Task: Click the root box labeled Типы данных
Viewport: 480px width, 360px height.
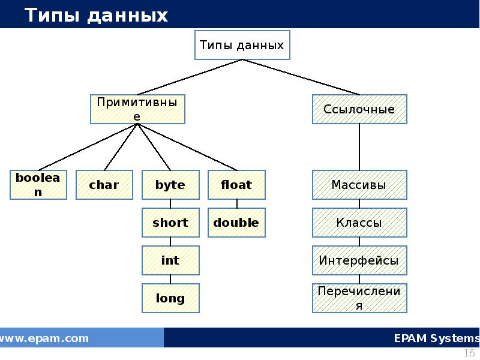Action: pos(242,45)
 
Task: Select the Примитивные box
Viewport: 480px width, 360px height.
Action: pos(137,109)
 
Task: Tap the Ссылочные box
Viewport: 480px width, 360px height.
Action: pos(359,109)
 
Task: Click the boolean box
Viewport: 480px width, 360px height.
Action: pos(38,185)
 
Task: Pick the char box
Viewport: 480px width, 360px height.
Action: pos(104,185)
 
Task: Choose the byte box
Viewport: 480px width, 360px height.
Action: pos(170,185)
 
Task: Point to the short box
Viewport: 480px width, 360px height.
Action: pos(170,223)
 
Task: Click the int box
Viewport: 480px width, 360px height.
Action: pos(170,260)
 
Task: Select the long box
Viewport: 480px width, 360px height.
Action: pos(170,298)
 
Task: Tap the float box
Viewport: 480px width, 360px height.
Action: pos(236,185)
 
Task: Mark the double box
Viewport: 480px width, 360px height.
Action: pos(236,223)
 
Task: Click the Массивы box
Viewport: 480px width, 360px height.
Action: pos(359,185)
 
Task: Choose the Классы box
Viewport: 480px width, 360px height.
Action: pos(359,223)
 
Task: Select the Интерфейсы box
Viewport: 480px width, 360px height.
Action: pos(359,260)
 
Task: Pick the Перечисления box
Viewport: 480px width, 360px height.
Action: pos(359,298)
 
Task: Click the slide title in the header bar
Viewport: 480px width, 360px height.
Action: pos(96,16)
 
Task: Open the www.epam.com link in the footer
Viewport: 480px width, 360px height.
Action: pos(44,338)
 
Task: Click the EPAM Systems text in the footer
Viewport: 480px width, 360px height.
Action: pos(436,338)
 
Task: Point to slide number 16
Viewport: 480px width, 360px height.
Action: pos(470,353)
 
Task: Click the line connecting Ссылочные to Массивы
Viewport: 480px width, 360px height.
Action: pos(359,147)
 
